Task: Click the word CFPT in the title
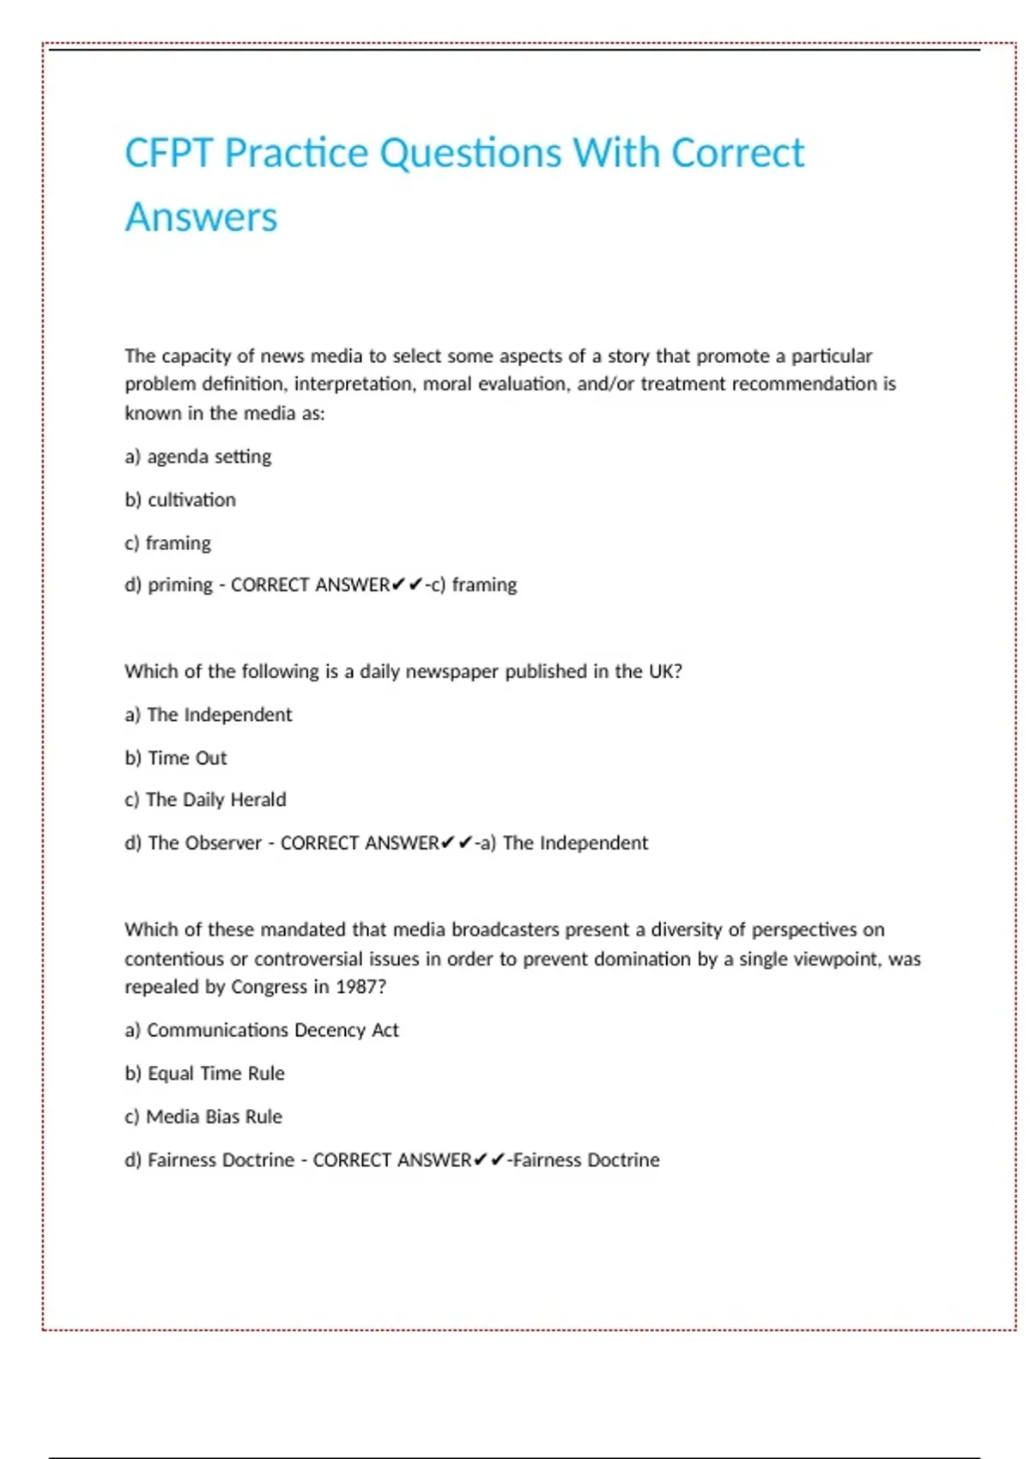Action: coord(168,154)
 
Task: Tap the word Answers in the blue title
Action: coord(202,217)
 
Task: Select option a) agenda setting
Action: coord(198,457)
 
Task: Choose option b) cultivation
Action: coord(180,499)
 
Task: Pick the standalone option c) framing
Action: coord(168,542)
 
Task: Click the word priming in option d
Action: coord(179,585)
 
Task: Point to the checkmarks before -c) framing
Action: coord(407,585)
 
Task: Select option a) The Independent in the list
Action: coord(209,714)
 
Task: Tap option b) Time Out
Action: coord(176,758)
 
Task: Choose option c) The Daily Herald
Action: coord(205,800)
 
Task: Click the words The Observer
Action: coord(204,843)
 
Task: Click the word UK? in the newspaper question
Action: coord(665,671)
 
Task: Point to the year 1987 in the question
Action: coord(355,987)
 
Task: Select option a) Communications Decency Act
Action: coord(262,1030)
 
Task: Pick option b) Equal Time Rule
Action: coord(205,1074)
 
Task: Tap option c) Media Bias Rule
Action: coord(203,1117)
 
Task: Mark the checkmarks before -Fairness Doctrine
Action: coord(488,1160)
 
